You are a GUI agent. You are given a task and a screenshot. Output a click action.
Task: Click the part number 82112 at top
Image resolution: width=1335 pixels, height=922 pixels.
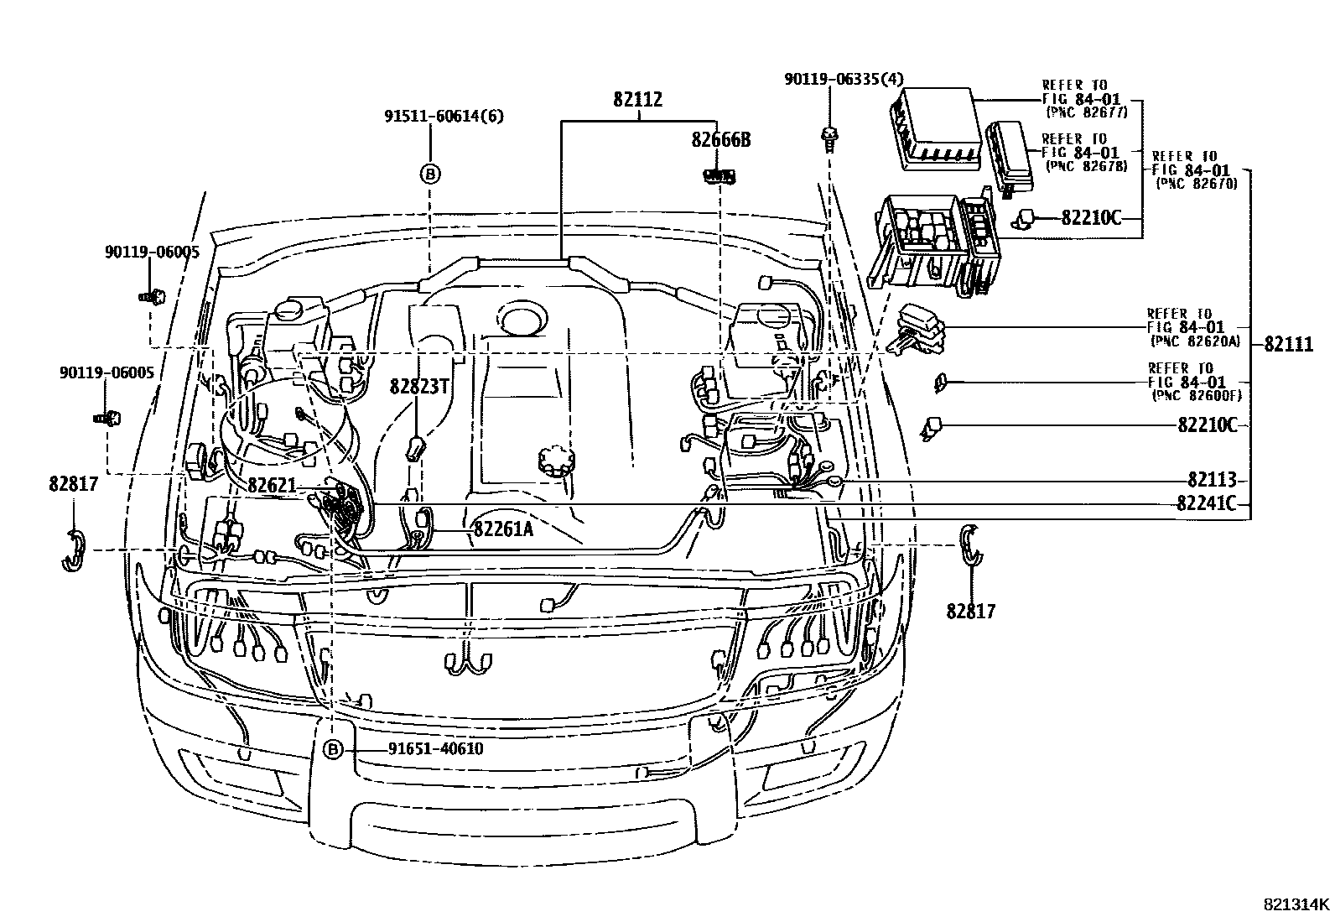tap(637, 99)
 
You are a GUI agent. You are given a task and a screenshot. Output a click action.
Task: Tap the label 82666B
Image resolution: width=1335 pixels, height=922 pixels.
tap(721, 140)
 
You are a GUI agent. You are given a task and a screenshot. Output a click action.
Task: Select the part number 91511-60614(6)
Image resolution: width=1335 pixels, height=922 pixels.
tap(444, 117)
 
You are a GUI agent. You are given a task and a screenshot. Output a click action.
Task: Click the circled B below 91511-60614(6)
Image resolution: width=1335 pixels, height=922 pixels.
tap(429, 174)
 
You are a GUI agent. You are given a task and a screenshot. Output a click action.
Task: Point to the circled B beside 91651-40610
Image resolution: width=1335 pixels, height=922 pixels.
tap(333, 749)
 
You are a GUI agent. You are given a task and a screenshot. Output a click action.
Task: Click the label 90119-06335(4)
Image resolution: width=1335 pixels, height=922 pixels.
tap(844, 79)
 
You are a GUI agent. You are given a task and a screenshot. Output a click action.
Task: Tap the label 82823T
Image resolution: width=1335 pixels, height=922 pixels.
tap(420, 386)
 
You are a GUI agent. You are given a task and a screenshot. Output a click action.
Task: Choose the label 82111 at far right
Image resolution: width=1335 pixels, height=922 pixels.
tap(1289, 344)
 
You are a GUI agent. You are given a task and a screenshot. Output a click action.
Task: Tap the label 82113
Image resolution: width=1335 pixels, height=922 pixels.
tap(1212, 480)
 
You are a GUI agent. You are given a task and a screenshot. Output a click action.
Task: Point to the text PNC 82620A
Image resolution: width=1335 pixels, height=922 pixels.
tap(1196, 341)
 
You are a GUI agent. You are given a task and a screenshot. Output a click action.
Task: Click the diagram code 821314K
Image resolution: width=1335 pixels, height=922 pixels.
tap(1296, 904)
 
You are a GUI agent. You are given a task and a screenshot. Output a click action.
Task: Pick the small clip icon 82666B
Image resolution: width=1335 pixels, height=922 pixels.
tap(719, 176)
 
